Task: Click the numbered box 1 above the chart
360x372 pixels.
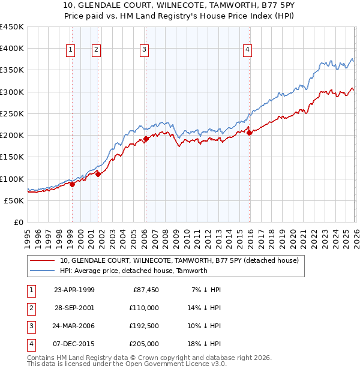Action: point(71,50)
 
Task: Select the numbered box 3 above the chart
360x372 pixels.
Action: point(145,50)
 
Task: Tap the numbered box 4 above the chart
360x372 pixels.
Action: point(247,50)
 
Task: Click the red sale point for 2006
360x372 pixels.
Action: point(146,139)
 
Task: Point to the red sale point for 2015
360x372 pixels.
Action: point(250,133)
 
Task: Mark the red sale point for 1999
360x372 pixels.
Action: point(72,184)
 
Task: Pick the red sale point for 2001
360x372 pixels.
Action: point(98,175)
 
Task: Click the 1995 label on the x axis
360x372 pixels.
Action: point(28,235)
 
